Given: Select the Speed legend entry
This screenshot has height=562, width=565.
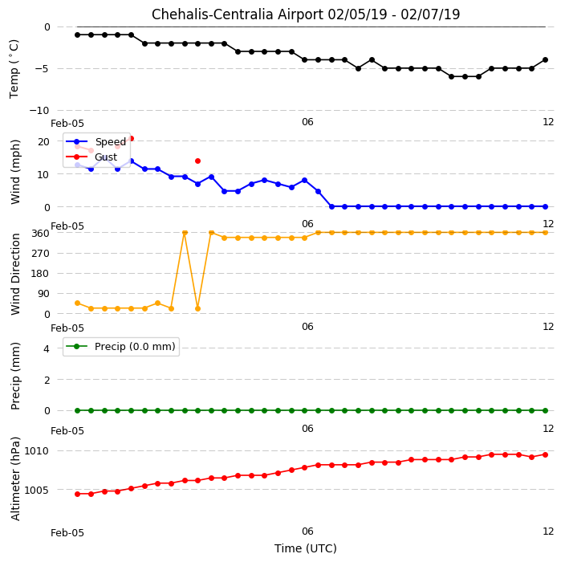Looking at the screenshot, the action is click(96, 141).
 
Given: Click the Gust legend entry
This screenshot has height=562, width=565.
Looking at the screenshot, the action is click(91, 157).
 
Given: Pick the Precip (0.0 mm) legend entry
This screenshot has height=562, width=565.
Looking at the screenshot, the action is click(120, 346).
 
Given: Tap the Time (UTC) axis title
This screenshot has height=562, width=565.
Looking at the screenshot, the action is click(306, 548).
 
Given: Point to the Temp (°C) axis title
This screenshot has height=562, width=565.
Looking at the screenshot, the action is click(14, 69).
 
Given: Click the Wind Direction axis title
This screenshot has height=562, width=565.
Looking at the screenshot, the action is click(15, 274).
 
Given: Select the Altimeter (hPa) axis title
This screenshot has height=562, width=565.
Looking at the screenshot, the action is click(15, 479).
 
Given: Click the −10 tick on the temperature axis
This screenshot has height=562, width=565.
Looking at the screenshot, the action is click(39, 110).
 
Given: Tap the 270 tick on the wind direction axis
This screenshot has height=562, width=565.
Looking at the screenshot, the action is click(40, 254).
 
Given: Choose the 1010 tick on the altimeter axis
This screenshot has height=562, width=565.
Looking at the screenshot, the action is click(36, 451).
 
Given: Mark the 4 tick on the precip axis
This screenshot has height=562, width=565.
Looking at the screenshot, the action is click(47, 348).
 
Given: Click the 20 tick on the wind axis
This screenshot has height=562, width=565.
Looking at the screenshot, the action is click(43, 141).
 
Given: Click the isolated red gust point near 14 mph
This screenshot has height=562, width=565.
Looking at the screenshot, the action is click(197, 161).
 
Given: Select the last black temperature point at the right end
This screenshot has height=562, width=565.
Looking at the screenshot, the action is click(545, 60).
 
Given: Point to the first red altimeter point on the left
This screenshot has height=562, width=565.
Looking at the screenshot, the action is click(78, 494).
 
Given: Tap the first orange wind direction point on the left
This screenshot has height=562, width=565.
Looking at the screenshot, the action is click(78, 303).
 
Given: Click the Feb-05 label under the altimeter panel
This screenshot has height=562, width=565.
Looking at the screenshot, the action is click(67, 533).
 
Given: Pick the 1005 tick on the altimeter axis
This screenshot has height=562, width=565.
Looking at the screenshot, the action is click(36, 490).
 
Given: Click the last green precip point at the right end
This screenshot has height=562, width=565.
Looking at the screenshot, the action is click(545, 410).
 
